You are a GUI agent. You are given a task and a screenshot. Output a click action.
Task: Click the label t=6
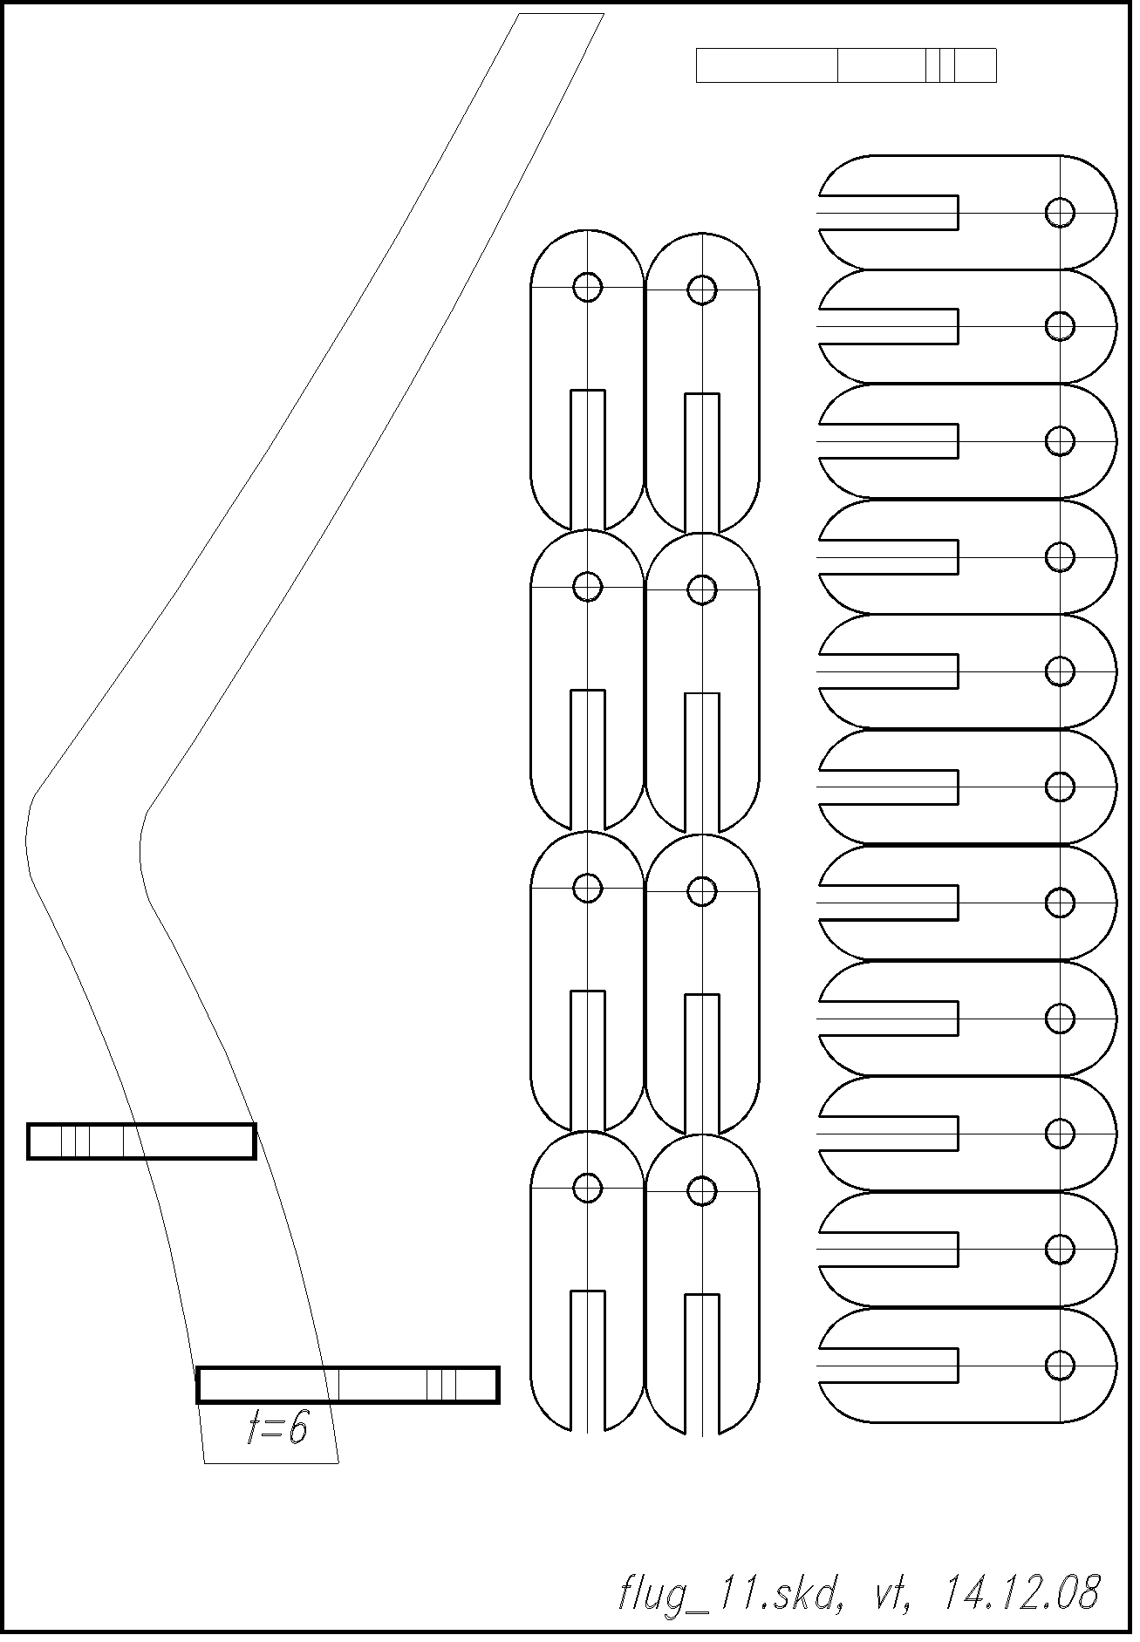[x=277, y=1429]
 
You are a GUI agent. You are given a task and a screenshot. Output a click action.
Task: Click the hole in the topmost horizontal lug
[x=1060, y=212]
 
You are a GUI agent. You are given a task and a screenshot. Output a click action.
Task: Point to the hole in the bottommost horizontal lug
[x=1060, y=1365]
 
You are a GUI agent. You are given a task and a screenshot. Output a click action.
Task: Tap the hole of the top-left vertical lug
[x=588, y=286]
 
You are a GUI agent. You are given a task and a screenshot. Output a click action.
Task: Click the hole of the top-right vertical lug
[x=702, y=289]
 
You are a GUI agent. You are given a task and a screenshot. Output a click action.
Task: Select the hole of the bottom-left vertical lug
[x=588, y=1187]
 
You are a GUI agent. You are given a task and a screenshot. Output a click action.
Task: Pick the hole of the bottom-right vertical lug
[x=702, y=1190]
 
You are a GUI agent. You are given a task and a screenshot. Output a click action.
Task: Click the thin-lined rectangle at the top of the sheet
[x=846, y=65]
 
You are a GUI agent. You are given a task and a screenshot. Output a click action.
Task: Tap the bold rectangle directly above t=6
[x=348, y=1385]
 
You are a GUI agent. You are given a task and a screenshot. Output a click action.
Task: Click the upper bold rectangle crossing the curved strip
[x=141, y=1141]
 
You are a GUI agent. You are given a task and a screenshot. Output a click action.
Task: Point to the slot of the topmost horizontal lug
[x=889, y=213]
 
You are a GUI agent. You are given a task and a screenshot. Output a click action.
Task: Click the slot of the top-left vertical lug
[x=588, y=460]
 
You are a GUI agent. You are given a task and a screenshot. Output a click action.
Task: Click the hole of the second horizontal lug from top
[x=1060, y=326]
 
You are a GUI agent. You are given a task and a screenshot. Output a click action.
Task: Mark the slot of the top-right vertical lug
[x=702, y=463]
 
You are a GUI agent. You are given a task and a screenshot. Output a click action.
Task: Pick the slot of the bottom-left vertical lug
[x=588, y=1360]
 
